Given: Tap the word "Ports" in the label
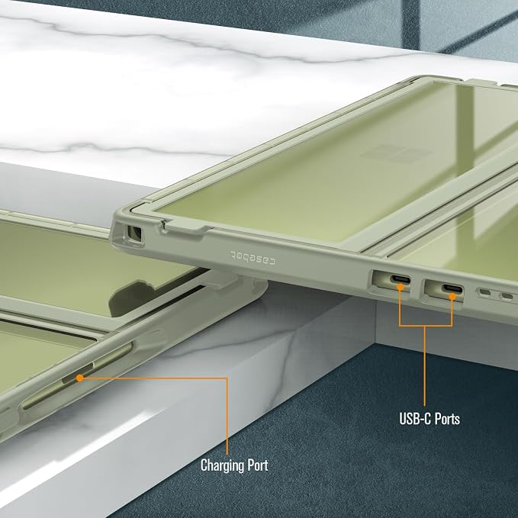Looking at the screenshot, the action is point(447,419).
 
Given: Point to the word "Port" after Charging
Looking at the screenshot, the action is point(258,465).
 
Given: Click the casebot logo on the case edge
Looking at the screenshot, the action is point(253,258).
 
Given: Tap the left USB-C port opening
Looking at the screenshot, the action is point(401,279).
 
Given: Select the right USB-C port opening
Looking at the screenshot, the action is point(452,288).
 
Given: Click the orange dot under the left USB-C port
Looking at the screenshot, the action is point(400,288).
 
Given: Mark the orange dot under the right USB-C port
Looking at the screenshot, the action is point(452,296).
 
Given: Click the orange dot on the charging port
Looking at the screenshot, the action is point(79,378).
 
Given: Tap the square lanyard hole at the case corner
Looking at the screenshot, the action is point(134,233).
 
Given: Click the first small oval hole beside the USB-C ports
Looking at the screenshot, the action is point(485,292).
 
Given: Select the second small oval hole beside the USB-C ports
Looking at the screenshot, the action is point(507,295).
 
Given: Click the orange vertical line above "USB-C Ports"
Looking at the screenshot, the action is point(424,366).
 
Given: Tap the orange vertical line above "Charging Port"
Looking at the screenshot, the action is point(227,417).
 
